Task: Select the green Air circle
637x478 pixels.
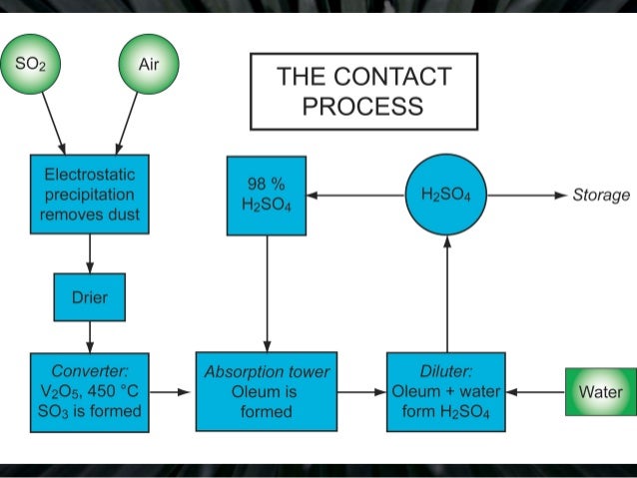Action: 148,67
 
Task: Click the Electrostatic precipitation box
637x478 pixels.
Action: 90,194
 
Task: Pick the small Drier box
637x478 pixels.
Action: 90,297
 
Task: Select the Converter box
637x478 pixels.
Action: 90,391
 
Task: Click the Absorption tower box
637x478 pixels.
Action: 267,391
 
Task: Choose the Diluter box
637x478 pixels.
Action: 446,391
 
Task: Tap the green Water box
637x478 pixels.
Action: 599,392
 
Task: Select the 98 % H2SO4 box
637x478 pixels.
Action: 266,196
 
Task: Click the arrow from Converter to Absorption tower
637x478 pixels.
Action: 171,392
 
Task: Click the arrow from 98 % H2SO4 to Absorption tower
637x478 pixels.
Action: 267,293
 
